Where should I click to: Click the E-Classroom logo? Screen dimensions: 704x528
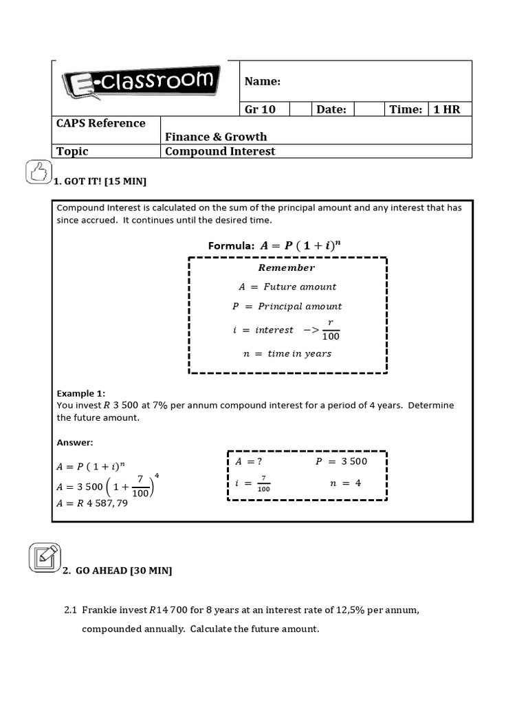coord(141,84)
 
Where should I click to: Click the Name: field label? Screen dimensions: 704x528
coord(263,82)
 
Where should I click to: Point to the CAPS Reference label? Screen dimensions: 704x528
coord(101,124)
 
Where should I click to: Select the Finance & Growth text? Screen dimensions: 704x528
coord(216,137)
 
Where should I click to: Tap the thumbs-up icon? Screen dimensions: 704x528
coord(38,172)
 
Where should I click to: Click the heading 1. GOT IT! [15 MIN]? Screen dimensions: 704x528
coord(100,181)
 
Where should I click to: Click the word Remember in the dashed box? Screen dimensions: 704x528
coord(286,268)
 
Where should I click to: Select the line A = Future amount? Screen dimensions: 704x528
coord(287,287)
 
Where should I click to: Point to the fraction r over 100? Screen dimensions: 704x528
coord(330,330)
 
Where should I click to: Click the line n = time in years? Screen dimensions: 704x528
coord(287,354)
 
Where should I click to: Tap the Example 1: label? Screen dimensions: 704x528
coord(80,394)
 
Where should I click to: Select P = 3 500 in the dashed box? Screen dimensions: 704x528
coord(341,462)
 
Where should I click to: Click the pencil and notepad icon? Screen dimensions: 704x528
coord(45,558)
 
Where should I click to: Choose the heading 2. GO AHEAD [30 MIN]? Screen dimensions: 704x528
coord(118,571)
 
